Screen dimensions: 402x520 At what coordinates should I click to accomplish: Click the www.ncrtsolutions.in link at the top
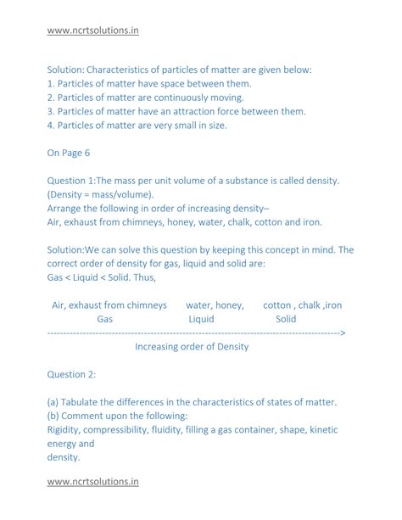point(93,31)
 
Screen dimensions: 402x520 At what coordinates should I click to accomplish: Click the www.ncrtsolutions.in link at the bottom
point(93,483)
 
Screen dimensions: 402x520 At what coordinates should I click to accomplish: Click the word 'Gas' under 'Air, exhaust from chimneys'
point(105,320)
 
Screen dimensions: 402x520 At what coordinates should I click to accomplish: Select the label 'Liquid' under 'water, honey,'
point(201,320)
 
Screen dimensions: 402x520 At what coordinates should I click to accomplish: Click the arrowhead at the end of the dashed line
point(343,333)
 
